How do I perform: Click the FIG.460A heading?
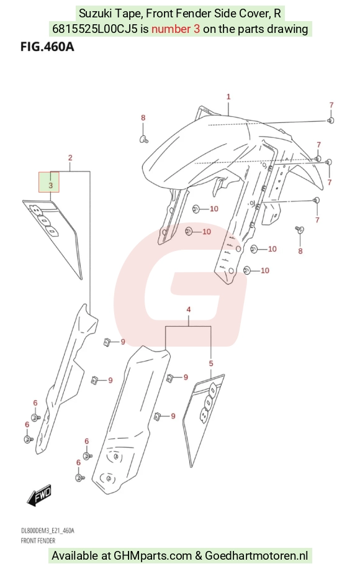click(47, 47)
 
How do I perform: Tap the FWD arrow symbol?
click(40, 495)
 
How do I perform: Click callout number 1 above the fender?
click(228, 97)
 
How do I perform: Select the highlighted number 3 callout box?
click(49, 182)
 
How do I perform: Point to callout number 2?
click(70, 158)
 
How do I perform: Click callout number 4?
click(189, 309)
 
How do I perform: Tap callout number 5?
click(211, 363)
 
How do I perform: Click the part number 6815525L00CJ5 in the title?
click(95, 29)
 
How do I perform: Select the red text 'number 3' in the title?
click(176, 29)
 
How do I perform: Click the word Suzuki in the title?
click(94, 14)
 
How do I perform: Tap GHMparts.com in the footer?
click(153, 555)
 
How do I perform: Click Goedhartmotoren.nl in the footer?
click(256, 555)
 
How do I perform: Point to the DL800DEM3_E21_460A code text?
click(48, 531)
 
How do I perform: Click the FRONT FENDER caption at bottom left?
click(38, 540)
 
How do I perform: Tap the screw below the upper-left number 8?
click(143, 139)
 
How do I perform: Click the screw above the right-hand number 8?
click(299, 229)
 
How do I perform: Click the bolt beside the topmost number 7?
click(331, 121)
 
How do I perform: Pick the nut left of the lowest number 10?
click(247, 270)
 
